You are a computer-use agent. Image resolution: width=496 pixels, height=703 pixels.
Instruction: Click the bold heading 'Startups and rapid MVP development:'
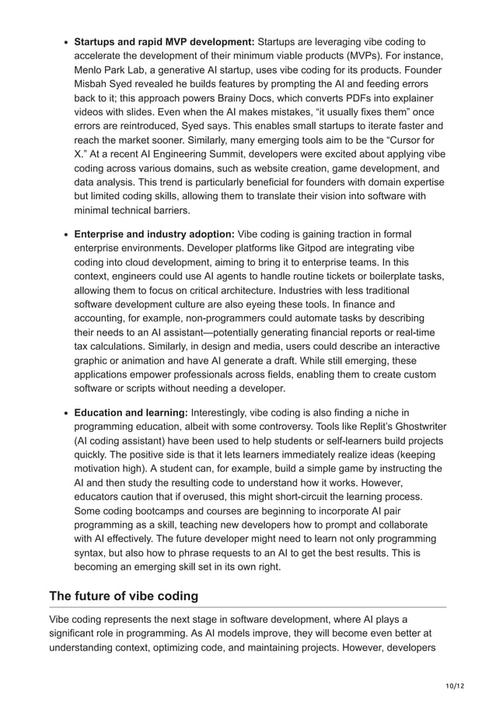coord(164,41)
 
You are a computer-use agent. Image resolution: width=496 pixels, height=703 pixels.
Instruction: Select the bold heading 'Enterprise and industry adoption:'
coord(154,234)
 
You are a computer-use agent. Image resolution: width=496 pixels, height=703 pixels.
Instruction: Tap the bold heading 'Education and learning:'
coord(131,412)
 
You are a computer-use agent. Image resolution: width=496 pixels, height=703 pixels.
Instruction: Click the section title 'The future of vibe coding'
coord(124,596)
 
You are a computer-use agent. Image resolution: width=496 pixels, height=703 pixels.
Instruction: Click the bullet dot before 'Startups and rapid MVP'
coord(66,42)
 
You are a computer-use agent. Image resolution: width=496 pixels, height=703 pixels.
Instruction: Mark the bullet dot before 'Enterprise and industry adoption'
coord(66,235)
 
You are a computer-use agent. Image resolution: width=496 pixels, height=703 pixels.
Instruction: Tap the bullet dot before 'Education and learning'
coord(66,413)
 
